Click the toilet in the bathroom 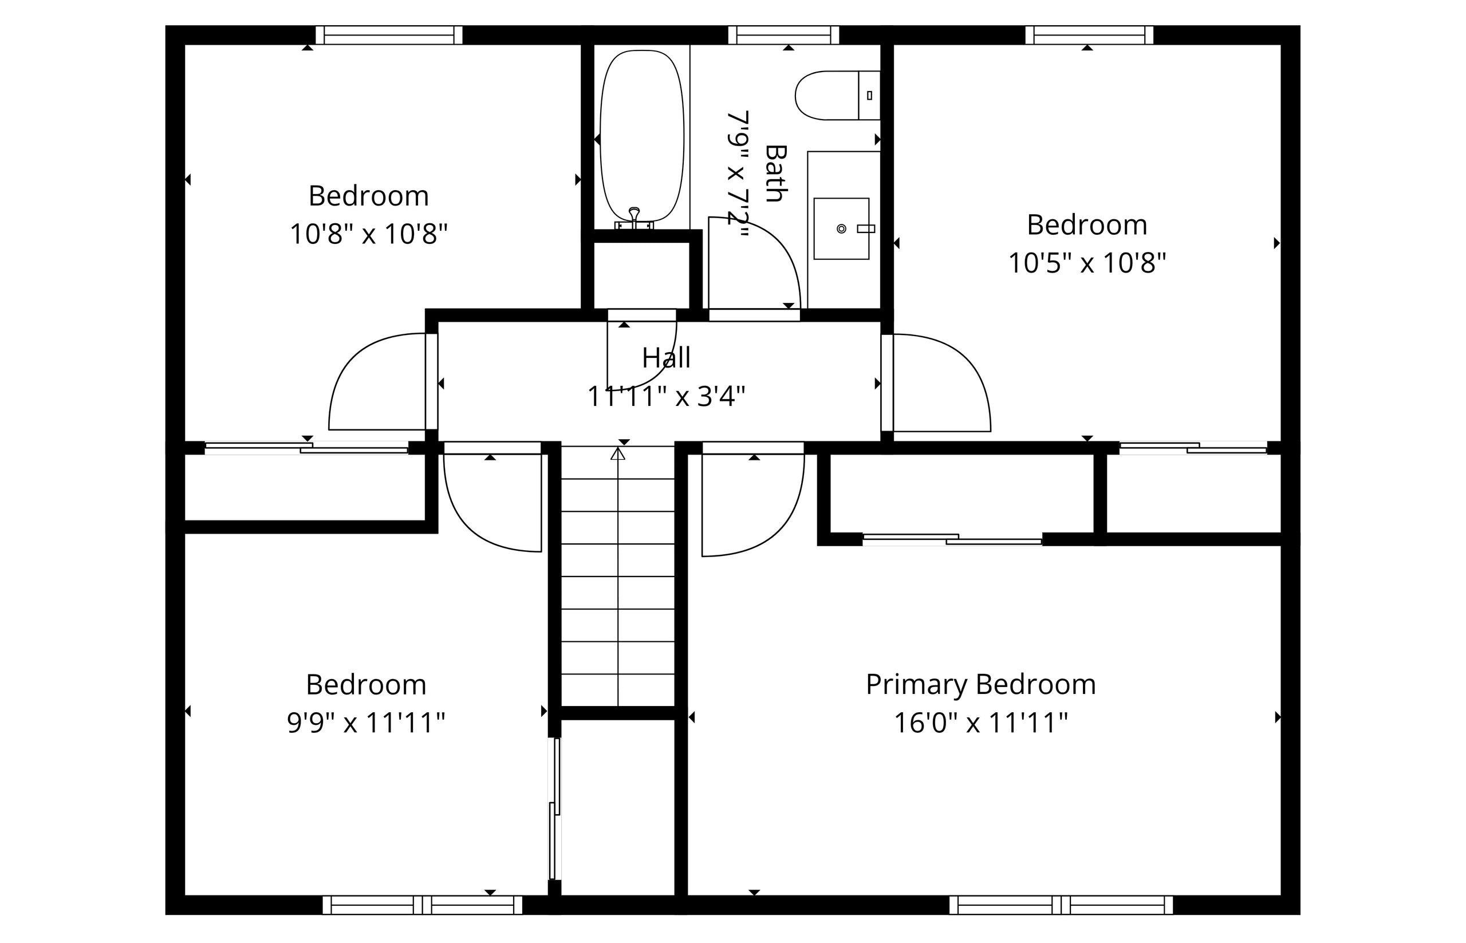837,96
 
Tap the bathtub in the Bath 642,136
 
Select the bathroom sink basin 841,228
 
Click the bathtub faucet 635,218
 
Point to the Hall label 666,358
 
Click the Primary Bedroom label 980,685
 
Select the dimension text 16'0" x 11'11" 980,723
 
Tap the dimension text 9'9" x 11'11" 366,723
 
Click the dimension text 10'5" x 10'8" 1087,263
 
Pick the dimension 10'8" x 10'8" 369,234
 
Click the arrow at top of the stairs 618,453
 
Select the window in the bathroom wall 783,35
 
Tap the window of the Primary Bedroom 1061,905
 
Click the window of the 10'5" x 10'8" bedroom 1089,35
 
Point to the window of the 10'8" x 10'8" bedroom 389,35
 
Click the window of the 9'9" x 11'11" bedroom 423,905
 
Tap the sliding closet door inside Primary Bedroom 952,539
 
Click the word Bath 776,173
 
